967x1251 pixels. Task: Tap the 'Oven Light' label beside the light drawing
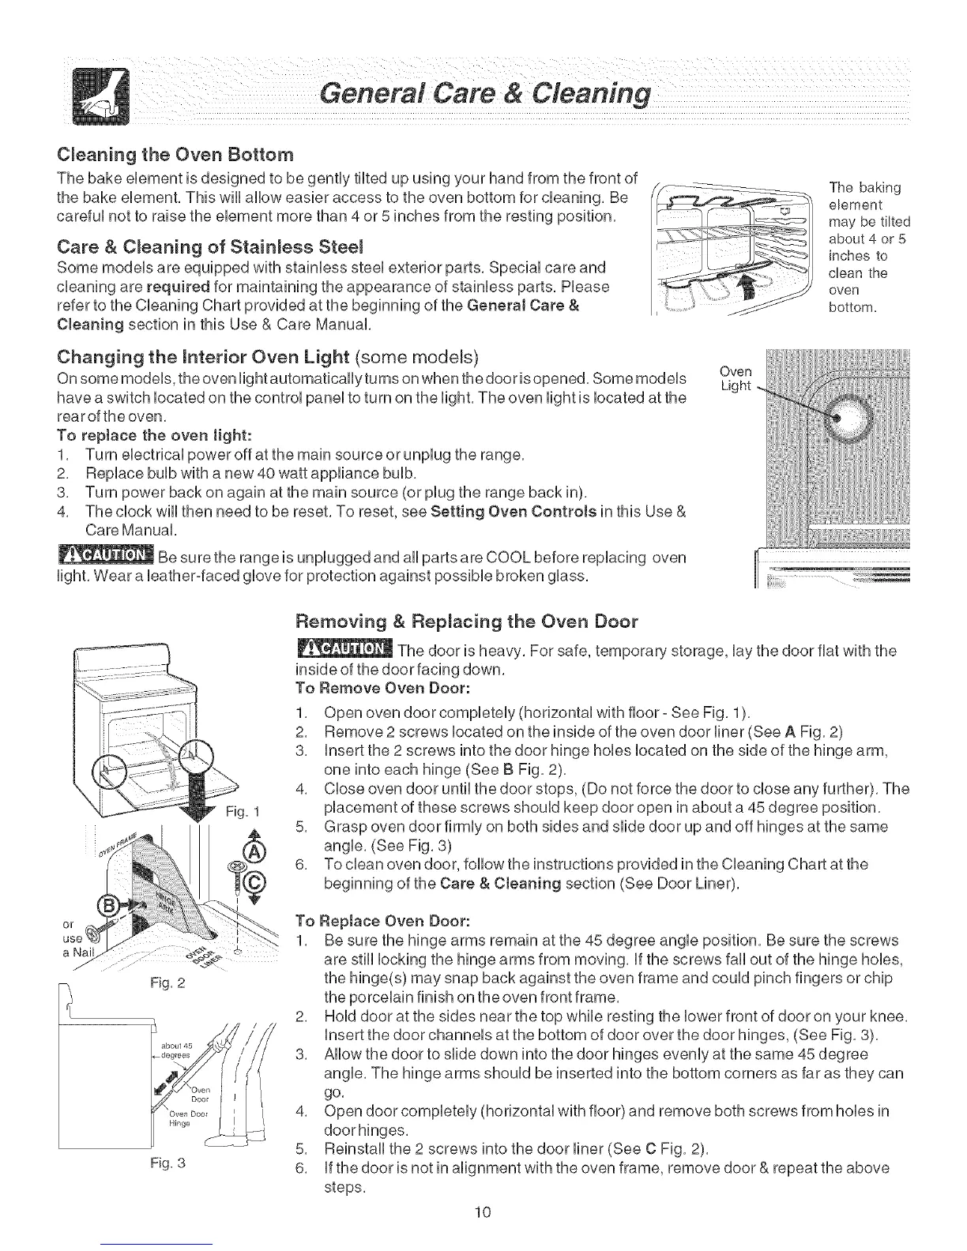click(x=738, y=378)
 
